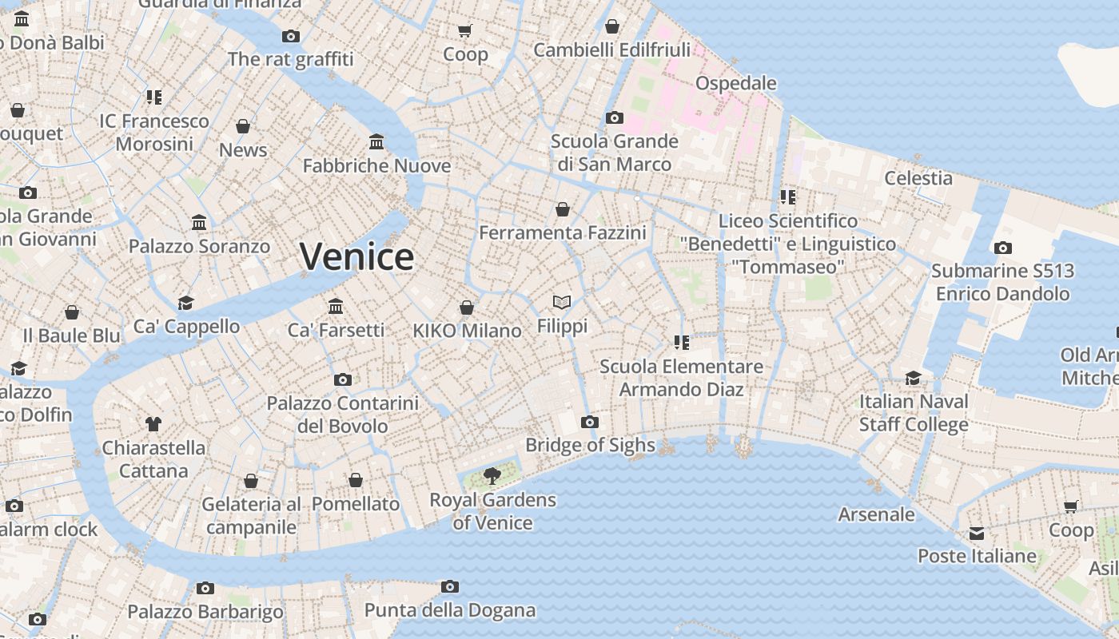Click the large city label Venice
click(356, 256)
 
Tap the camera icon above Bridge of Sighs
click(590, 422)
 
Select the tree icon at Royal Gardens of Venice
click(492, 477)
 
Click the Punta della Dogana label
click(450, 610)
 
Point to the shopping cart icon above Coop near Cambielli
click(464, 30)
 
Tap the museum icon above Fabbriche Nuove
click(376, 142)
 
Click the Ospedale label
click(735, 83)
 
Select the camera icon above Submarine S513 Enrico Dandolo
click(1002, 248)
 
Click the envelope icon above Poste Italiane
click(976, 533)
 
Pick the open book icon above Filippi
click(562, 302)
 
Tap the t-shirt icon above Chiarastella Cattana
click(153, 424)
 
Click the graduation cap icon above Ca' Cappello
click(185, 303)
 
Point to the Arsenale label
click(876, 514)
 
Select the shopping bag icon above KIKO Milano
click(467, 308)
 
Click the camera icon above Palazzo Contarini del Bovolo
click(342, 379)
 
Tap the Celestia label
click(918, 177)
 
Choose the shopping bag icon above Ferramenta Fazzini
click(563, 209)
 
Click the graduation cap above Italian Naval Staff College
click(913, 378)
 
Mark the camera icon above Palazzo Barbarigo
click(205, 589)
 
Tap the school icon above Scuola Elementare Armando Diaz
click(681, 343)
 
